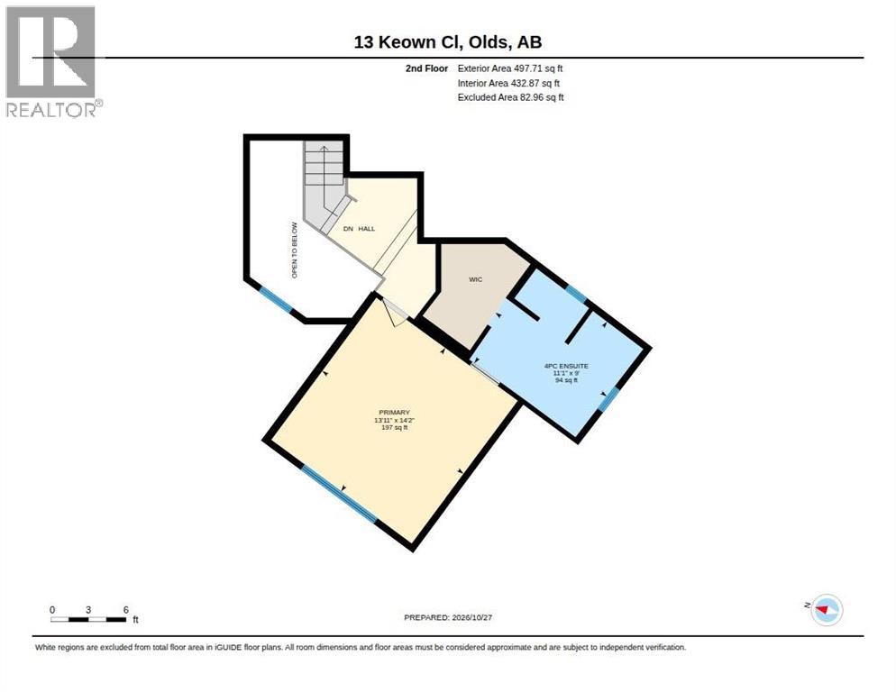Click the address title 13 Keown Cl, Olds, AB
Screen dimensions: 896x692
tap(448, 41)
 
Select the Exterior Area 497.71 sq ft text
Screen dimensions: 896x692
tap(510, 68)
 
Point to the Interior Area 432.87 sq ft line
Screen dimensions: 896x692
tap(508, 84)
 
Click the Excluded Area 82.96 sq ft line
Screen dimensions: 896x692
tap(511, 97)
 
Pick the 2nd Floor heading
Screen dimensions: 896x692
tap(427, 68)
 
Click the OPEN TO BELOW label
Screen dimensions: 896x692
tap(295, 250)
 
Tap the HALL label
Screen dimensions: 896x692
tap(367, 229)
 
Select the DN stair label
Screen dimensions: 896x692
tap(348, 229)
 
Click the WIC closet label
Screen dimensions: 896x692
tap(475, 279)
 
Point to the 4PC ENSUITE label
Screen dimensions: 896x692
tap(566, 366)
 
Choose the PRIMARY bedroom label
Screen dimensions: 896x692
tap(394, 413)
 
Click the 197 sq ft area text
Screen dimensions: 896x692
tap(394, 427)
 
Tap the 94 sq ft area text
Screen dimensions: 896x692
tap(566, 380)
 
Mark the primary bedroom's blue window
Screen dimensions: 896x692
tap(340, 495)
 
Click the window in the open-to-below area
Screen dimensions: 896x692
tap(276, 299)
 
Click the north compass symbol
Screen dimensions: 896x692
tap(827, 610)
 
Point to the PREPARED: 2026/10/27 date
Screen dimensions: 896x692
tap(448, 618)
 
